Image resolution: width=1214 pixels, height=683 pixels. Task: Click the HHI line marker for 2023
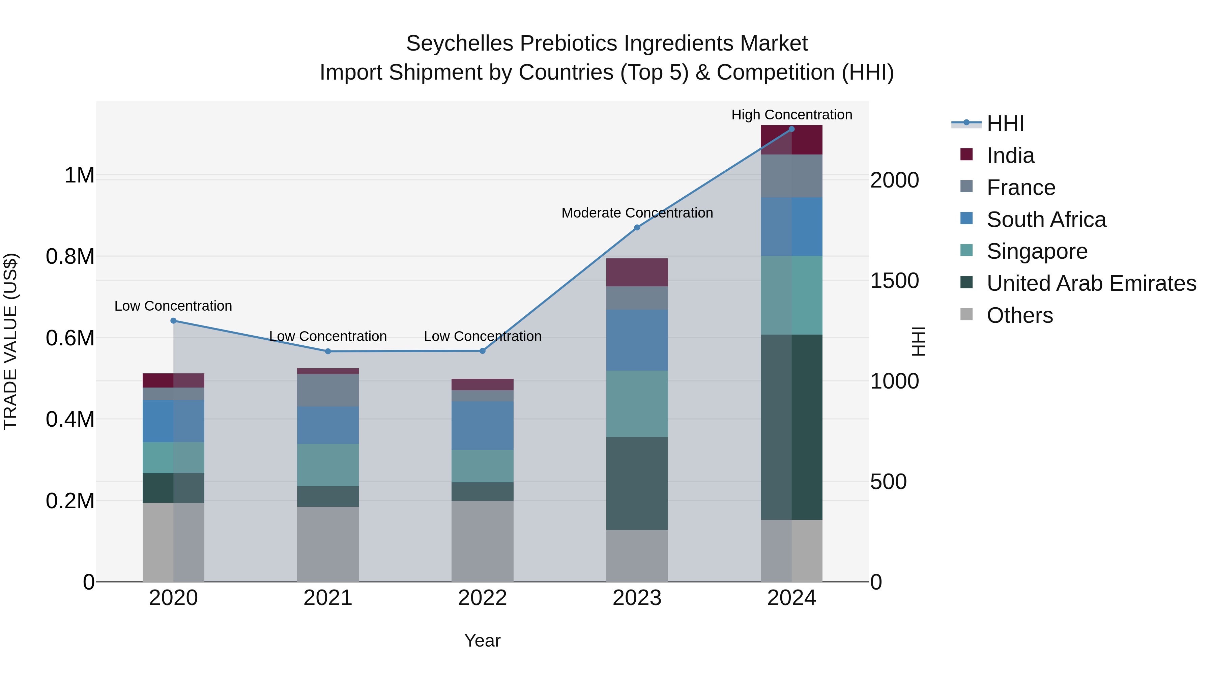pyautogui.click(x=637, y=228)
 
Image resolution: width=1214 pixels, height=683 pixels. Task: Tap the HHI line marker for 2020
pyautogui.click(x=173, y=321)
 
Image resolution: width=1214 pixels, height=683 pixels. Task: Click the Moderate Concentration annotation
pyautogui.click(x=637, y=213)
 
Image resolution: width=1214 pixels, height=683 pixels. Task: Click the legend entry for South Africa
pyautogui.click(x=1046, y=220)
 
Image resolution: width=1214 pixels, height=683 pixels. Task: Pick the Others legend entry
pyautogui.click(x=1019, y=315)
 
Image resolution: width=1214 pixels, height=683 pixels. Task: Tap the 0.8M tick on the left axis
pyautogui.click(x=70, y=257)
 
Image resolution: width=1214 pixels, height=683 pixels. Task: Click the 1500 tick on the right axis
pyautogui.click(x=894, y=281)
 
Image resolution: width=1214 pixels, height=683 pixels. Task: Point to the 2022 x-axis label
pyautogui.click(x=482, y=598)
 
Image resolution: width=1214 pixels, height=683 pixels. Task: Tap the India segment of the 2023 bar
pyautogui.click(x=637, y=273)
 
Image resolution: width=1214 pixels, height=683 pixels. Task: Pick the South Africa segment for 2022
pyautogui.click(x=482, y=426)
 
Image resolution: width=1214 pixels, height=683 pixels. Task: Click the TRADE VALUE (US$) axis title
pyautogui.click(x=10, y=341)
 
